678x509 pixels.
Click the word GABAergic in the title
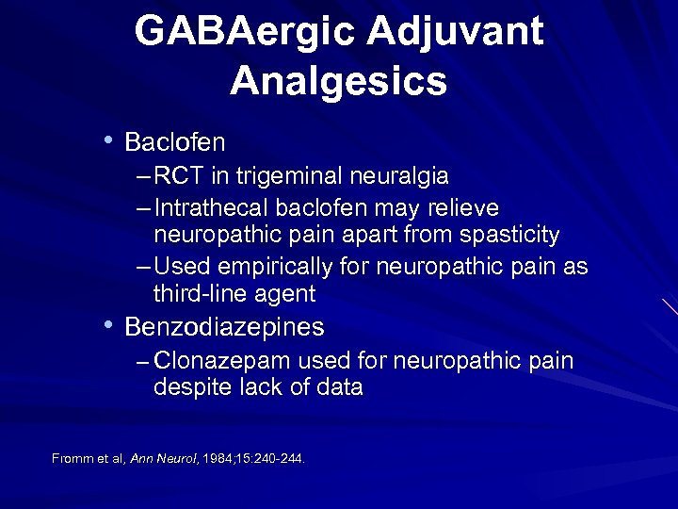point(244,32)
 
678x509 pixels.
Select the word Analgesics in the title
point(338,81)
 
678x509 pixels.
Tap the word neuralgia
point(401,176)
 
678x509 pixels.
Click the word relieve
point(462,207)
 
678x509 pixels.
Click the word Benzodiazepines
point(224,327)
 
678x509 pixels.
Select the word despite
point(189,387)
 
